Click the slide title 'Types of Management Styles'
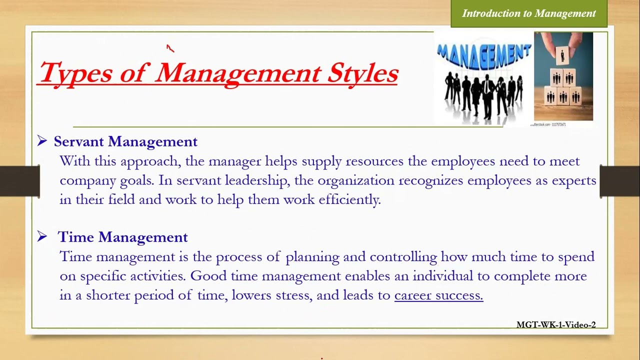point(218,73)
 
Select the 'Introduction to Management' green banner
point(528,13)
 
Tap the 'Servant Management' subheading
point(125,141)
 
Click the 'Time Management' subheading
point(122,237)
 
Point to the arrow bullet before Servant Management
point(42,141)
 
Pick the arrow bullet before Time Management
point(42,236)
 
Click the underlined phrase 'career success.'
point(438,295)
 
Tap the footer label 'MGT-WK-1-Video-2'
point(556,325)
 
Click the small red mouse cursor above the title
point(170,48)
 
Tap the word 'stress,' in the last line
point(295,295)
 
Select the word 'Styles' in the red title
point(362,73)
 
